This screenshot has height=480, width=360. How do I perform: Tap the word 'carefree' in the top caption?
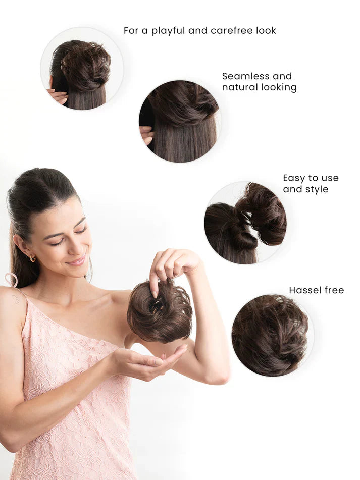(232, 31)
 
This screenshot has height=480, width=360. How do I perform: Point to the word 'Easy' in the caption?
(294, 178)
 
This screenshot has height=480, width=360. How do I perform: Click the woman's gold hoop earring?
(32, 258)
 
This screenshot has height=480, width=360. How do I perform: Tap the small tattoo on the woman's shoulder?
(16, 298)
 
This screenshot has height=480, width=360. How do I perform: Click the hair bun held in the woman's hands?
(159, 313)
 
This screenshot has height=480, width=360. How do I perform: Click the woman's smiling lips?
(77, 261)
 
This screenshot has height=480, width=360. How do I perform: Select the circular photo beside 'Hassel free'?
(272, 335)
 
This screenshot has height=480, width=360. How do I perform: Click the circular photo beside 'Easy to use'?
(245, 223)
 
